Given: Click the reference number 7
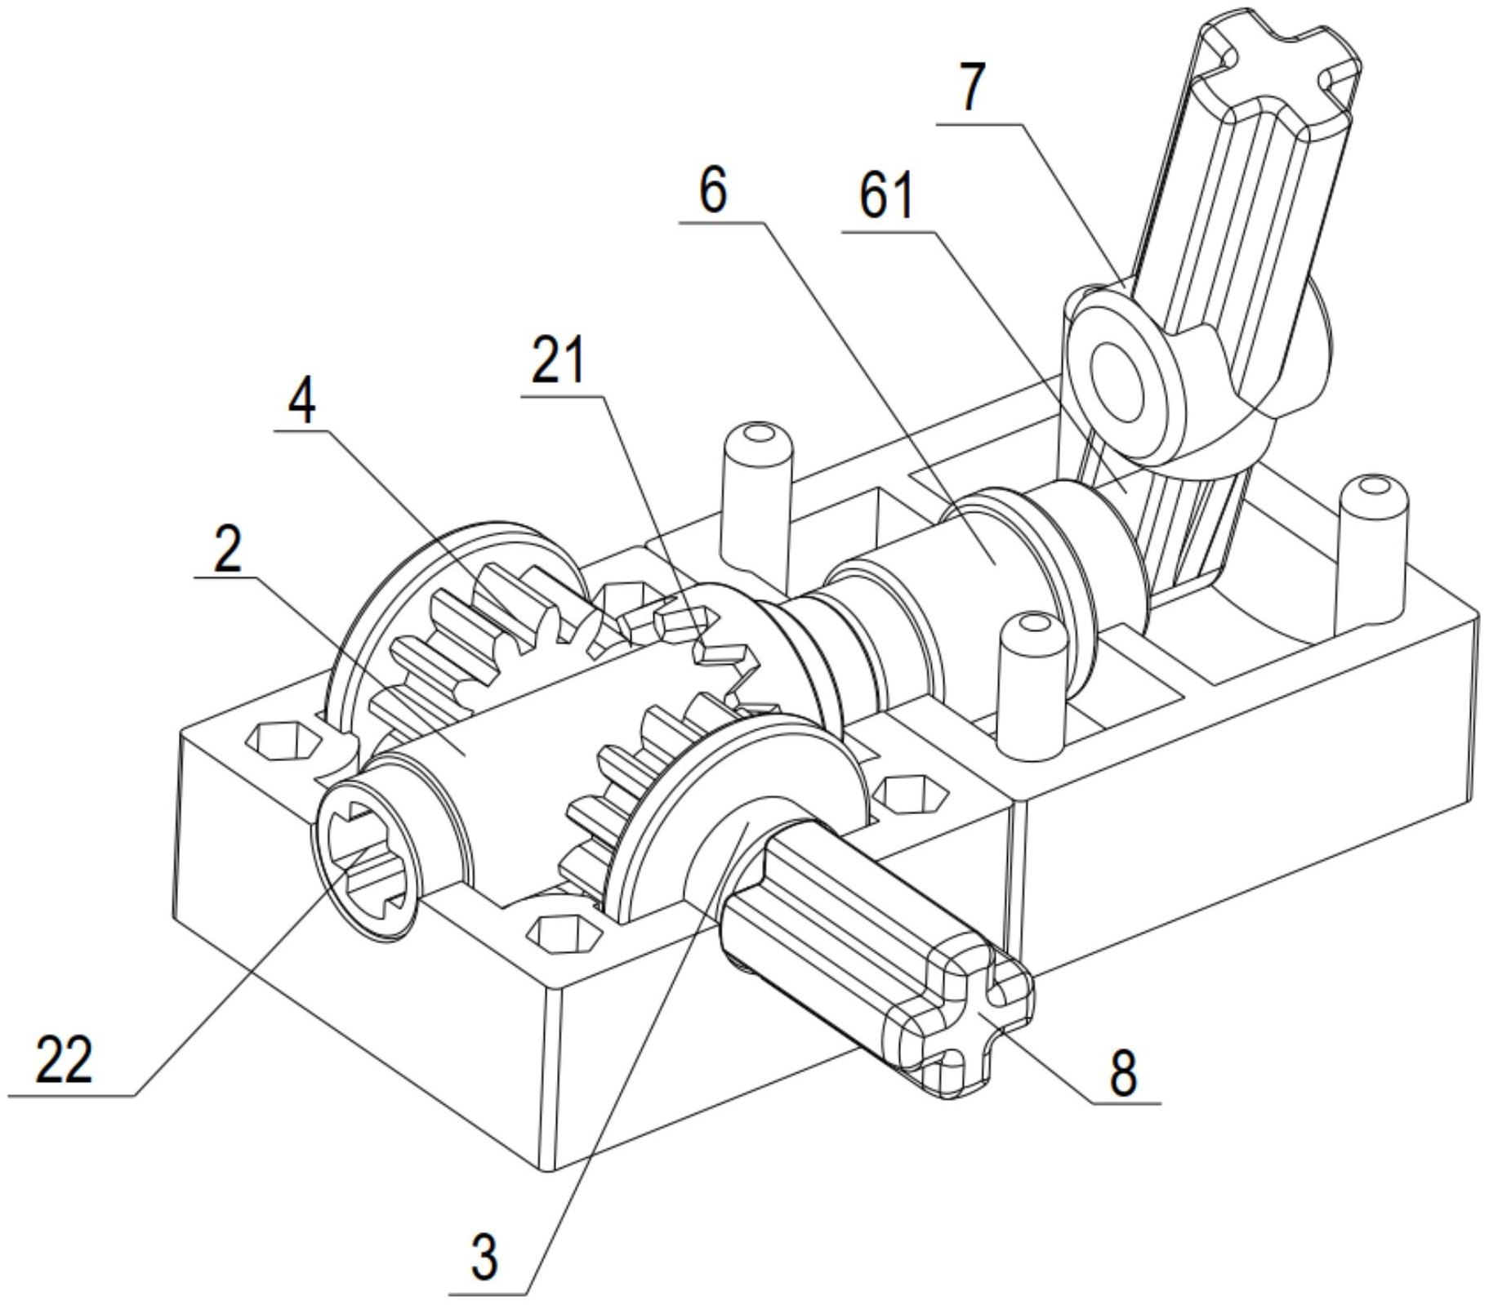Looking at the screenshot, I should point(971,87).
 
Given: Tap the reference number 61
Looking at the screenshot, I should point(886,196).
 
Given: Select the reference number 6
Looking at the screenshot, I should point(712,190).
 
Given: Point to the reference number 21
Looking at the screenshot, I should point(559,361).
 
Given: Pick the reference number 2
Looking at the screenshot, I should point(228,549).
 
